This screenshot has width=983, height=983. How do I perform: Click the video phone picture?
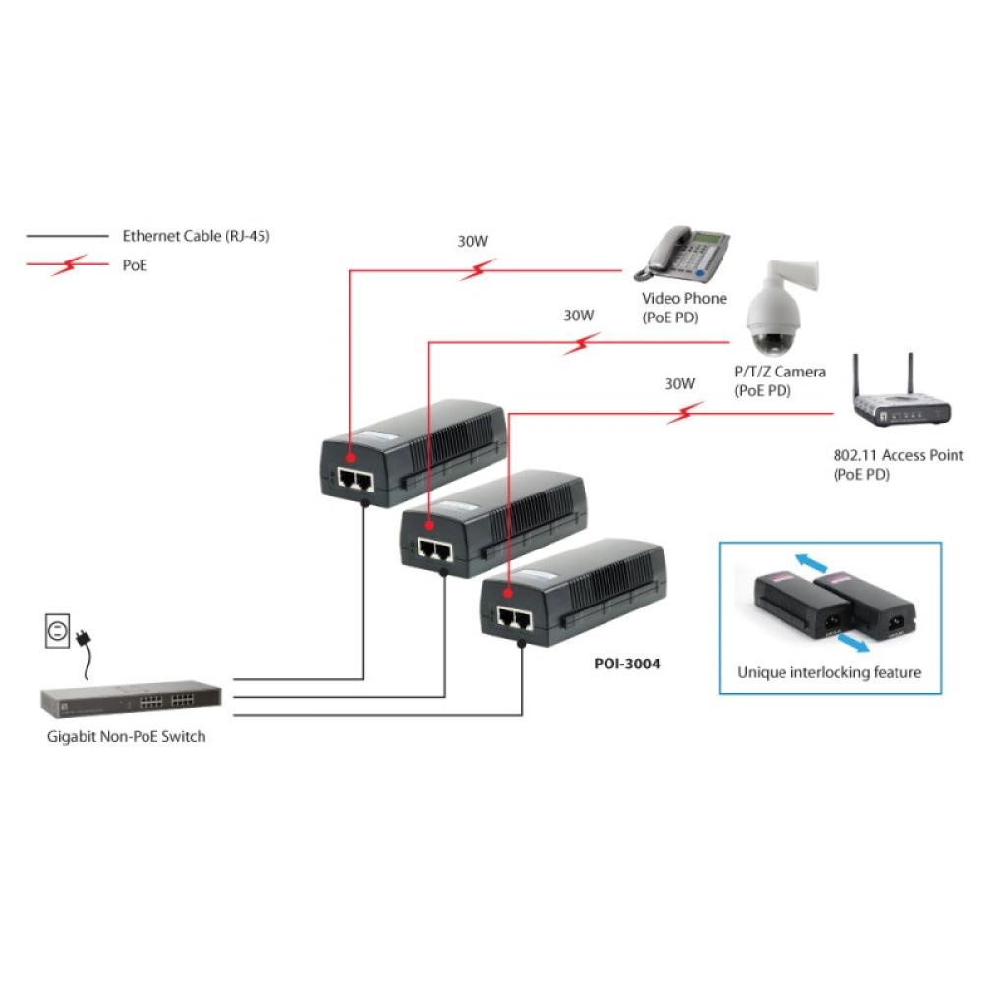[686, 253]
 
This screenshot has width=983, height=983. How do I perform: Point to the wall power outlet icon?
[59, 630]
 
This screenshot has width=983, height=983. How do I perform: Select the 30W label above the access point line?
[679, 383]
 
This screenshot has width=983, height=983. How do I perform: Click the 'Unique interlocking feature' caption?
[829, 673]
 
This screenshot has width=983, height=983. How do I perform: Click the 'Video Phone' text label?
[684, 298]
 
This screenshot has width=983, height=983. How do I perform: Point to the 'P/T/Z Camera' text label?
[780, 372]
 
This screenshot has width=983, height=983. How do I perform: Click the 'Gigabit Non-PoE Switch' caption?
[127, 736]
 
